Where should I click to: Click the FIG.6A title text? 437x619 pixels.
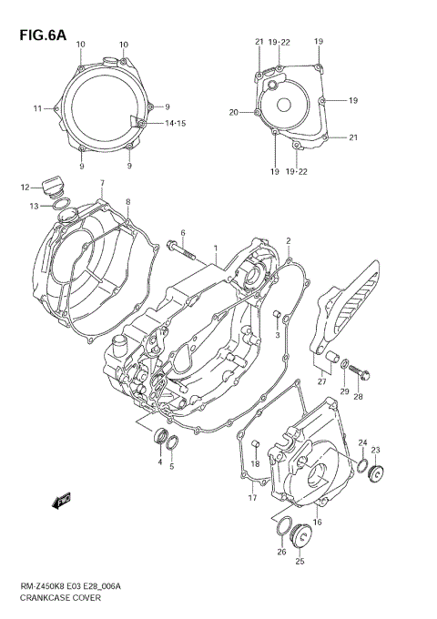40,36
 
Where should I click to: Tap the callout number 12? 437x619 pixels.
25,188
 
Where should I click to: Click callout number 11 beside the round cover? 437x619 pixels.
38,108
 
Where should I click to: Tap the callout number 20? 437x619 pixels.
233,112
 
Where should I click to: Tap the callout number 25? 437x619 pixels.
300,562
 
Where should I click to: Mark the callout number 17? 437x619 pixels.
252,498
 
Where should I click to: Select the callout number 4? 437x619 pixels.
159,463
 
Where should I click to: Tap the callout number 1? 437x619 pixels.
215,248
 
